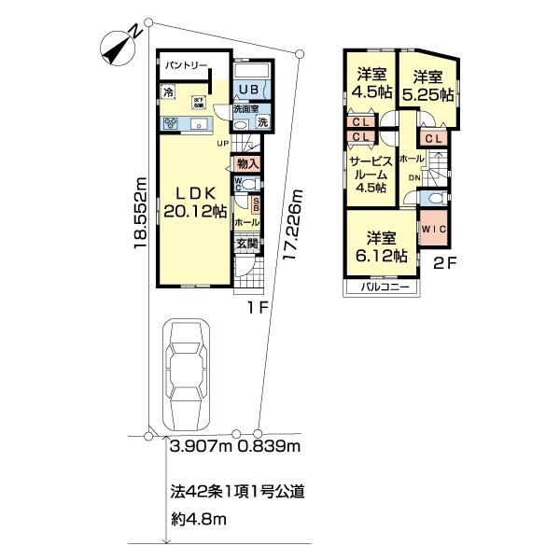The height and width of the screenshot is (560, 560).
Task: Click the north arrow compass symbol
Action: (x=122, y=46)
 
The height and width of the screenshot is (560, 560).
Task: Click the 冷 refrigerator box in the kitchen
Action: (x=168, y=91)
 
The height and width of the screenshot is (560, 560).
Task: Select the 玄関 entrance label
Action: (x=246, y=245)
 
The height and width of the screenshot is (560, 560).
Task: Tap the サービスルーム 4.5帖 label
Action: (x=367, y=175)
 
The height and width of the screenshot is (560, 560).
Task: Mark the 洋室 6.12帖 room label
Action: (x=379, y=245)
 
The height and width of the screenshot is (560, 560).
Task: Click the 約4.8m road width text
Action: (x=198, y=519)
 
